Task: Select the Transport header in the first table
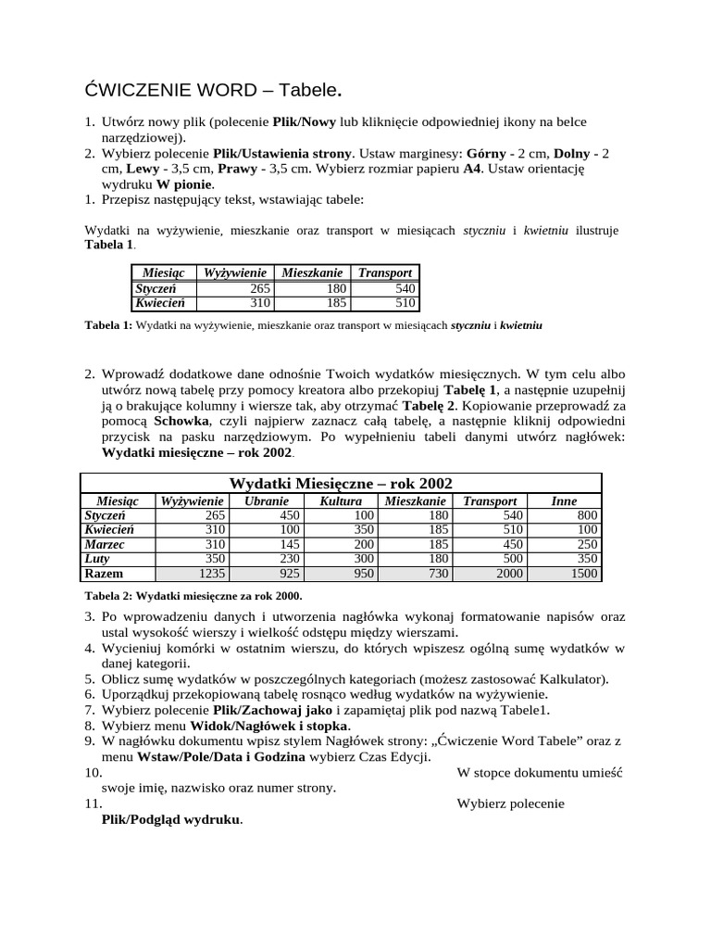(384, 272)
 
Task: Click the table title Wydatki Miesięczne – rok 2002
(341, 483)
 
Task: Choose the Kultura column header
(341, 500)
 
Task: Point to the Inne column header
(564, 500)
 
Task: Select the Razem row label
(104, 574)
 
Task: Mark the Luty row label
(97, 559)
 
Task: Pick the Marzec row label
(105, 544)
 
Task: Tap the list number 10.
(93, 772)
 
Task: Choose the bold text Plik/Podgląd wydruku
(171, 820)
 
